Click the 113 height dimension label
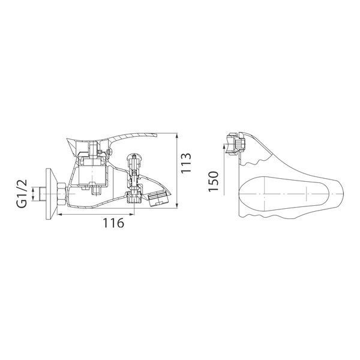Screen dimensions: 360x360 [186, 164]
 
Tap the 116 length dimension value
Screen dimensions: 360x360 [113, 223]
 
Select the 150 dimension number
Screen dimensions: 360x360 [213, 181]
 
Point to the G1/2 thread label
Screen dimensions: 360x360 [22, 194]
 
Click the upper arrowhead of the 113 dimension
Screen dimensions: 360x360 [176, 136]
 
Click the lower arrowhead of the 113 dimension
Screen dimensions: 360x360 [176, 206]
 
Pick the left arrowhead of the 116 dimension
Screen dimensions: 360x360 [60, 214]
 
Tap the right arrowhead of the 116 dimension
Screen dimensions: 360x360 [131, 214]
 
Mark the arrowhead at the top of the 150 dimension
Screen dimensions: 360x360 [224, 147]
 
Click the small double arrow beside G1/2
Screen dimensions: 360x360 [33, 194]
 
